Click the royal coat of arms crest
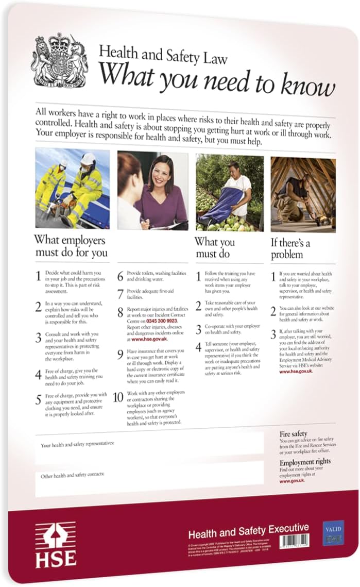60,61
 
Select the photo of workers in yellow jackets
72,188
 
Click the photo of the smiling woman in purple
152,190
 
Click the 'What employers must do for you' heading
71,246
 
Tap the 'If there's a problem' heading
290,248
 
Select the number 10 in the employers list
118,397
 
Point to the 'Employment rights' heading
305,461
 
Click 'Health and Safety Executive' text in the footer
248,529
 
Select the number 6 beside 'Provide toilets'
119,276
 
